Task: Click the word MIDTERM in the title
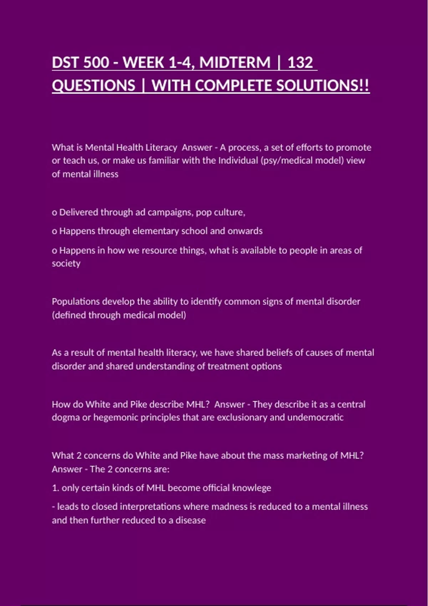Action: click(x=235, y=63)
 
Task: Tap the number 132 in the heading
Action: click(x=300, y=63)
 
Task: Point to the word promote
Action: click(x=353, y=148)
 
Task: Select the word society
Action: click(x=66, y=264)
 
